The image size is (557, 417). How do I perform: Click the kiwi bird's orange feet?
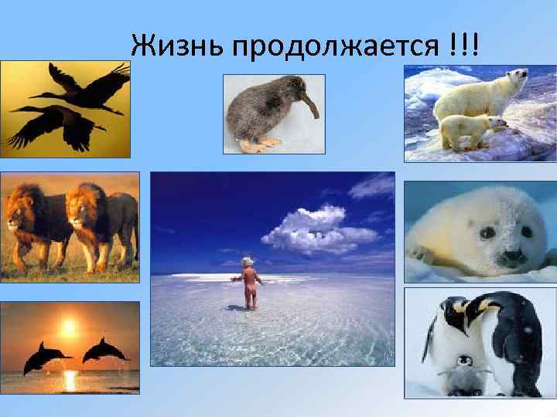point(259,144)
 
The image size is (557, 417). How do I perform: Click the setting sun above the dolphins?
point(70,328)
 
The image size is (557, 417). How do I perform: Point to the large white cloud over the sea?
point(317,229)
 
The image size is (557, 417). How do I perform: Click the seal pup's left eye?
point(487,231)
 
